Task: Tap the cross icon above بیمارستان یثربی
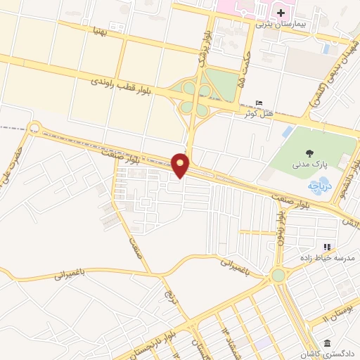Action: click(281, 13)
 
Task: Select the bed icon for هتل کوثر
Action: click(259, 103)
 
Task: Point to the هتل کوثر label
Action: click(257, 113)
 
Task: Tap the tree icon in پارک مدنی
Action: click(309, 153)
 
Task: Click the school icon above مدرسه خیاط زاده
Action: click(326, 247)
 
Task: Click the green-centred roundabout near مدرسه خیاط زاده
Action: click(279, 275)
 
